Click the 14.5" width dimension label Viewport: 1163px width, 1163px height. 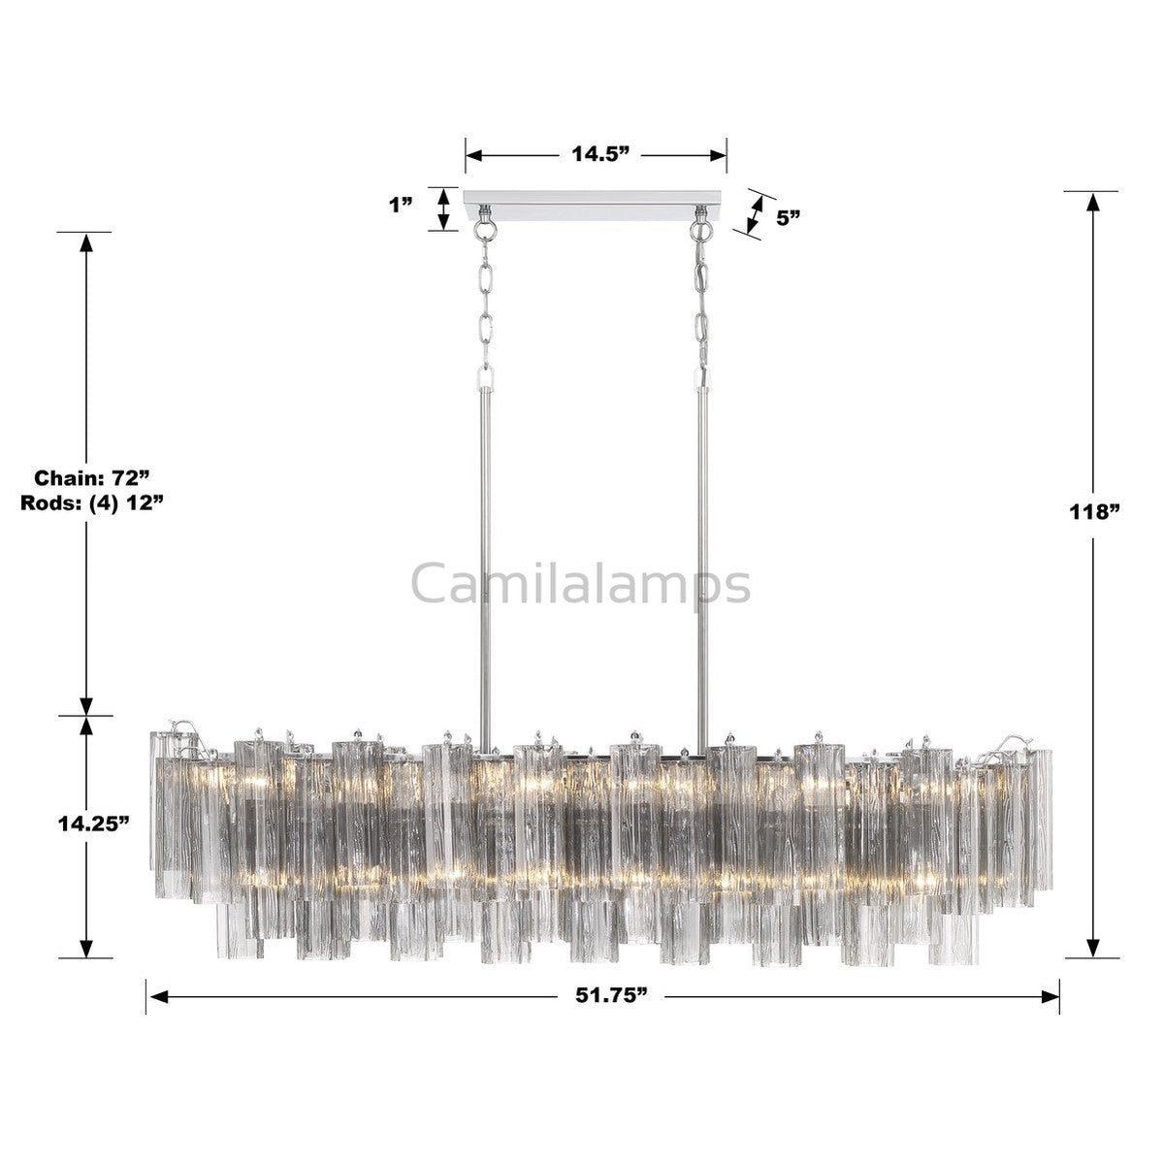(x=596, y=154)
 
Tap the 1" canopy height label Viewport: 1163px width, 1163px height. (x=400, y=206)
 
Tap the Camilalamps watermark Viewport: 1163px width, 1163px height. (x=581, y=584)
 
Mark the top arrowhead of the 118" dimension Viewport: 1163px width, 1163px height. (x=1093, y=201)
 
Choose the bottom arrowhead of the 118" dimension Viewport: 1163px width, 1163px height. (x=1093, y=948)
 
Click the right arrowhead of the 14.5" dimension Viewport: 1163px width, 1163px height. (x=719, y=154)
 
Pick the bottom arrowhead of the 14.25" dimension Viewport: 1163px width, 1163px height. (x=86, y=948)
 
